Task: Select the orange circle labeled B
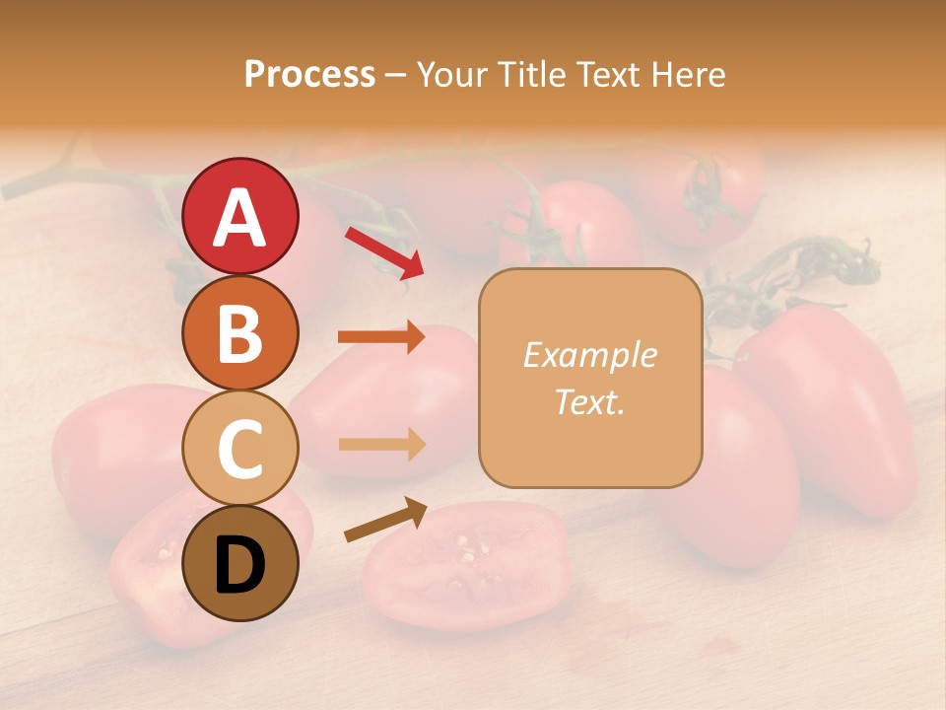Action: pos(239,332)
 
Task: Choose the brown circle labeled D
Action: pos(239,563)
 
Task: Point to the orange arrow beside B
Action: pos(381,338)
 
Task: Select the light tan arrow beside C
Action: pos(381,444)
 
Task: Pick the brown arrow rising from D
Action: pos(385,520)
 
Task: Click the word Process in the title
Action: pos(309,74)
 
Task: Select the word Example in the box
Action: pos(589,355)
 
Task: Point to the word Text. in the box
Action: pos(589,401)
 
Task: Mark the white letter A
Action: pos(239,218)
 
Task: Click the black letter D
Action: pos(239,565)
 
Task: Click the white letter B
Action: pos(239,333)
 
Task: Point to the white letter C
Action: pos(239,449)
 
